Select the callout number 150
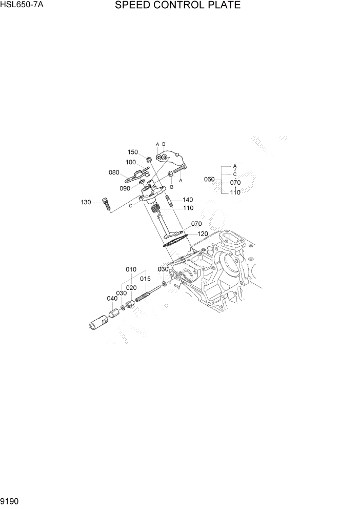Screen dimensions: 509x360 click(x=133, y=152)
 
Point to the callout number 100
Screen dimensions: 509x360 click(x=130, y=162)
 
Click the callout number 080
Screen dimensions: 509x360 click(x=114, y=172)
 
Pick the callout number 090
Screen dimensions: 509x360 click(x=125, y=188)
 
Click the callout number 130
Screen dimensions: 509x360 click(x=86, y=202)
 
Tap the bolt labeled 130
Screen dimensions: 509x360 click(x=106, y=204)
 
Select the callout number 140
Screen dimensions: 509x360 click(x=187, y=200)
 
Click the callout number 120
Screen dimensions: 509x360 click(x=202, y=233)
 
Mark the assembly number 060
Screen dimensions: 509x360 click(x=209, y=180)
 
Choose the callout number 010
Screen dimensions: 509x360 click(x=131, y=269)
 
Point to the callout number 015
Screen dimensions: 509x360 click(x=145, y=279)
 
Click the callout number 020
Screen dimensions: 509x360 click(x=131, y=288)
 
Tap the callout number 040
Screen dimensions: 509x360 click(x=112, y=299)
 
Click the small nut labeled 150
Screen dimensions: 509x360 click(x=147, y=159)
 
